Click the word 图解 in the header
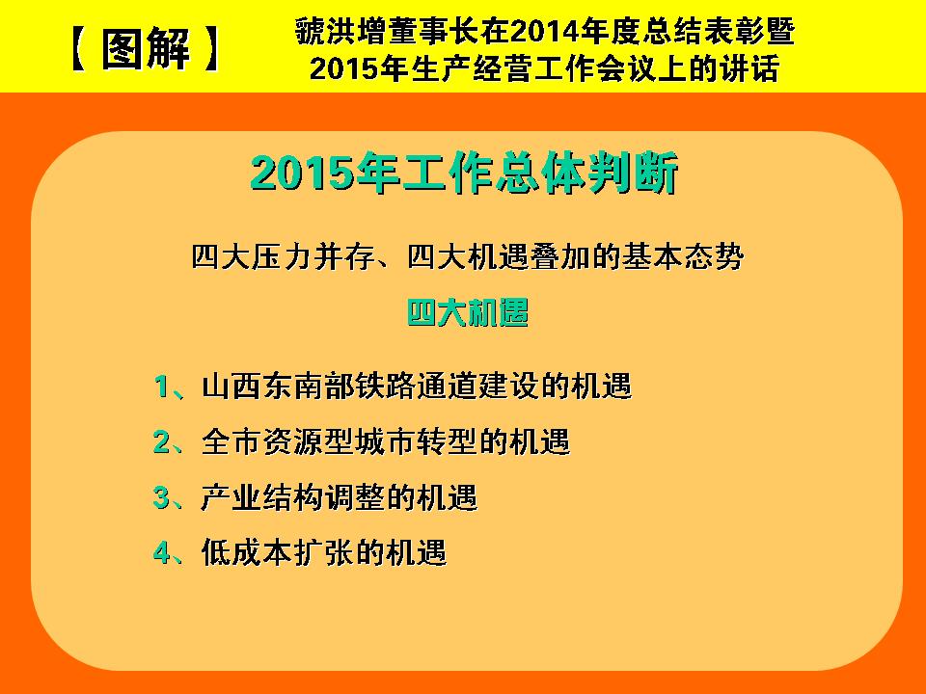click(146, 48)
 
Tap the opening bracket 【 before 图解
click(80, 49)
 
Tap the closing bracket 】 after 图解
click(209, 49)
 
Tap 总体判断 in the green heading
click(586, 173)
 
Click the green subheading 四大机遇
click(468, 312)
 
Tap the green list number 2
click(161, 441)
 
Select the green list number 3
click(161, 497)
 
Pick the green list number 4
click(161, 552)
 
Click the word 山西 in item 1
click(232, 387)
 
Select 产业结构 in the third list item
click(262, 497)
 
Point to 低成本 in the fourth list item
click(248, 552)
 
